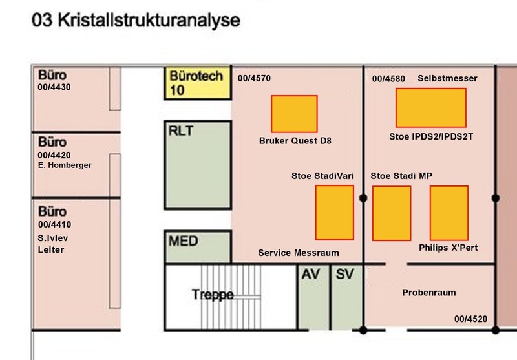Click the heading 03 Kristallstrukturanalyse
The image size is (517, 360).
[136, 21]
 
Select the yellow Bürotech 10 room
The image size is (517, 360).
[198, 83]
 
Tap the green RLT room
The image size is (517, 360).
[198, 165]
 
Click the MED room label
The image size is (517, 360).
[184, 241]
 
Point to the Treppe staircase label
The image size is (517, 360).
[213, 294]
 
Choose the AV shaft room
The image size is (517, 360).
[313, 297]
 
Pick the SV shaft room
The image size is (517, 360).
[347, 297]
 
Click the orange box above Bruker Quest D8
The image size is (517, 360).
[294, 114]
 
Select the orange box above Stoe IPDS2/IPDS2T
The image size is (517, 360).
[431, 108]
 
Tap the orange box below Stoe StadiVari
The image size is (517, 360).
[335, 213]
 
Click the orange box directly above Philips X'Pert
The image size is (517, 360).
[449, 213]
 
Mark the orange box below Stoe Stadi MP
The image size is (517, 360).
[392, 213]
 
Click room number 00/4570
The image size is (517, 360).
[254, 78]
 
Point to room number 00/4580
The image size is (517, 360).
[388, 79]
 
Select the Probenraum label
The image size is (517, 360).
[429, 293]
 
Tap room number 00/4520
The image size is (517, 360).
[470, 319]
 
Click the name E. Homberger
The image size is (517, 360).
[65, 165]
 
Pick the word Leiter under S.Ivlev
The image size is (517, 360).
[51, 250]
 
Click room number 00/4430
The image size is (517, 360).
[54, 87]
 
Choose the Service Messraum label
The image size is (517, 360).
[299, 253]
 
